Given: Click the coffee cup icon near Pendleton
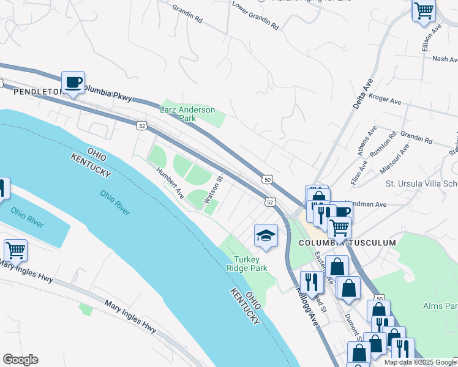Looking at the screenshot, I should [73, 82].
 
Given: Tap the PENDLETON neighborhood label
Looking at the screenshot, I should [39, 92].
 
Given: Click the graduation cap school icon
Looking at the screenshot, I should [266, 235].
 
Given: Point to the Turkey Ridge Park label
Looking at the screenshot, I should [247, 264].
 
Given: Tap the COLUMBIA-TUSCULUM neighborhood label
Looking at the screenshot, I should [347, 243].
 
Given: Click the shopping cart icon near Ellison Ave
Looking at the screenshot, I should [424, 10].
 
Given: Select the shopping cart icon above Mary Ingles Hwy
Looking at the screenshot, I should [15, 250].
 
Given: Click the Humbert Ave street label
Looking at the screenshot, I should [170, 183].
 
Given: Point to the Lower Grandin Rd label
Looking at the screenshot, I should [255, 16].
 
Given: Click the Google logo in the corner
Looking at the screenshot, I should [20, 360].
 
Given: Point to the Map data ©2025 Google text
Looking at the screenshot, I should [420, 362].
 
